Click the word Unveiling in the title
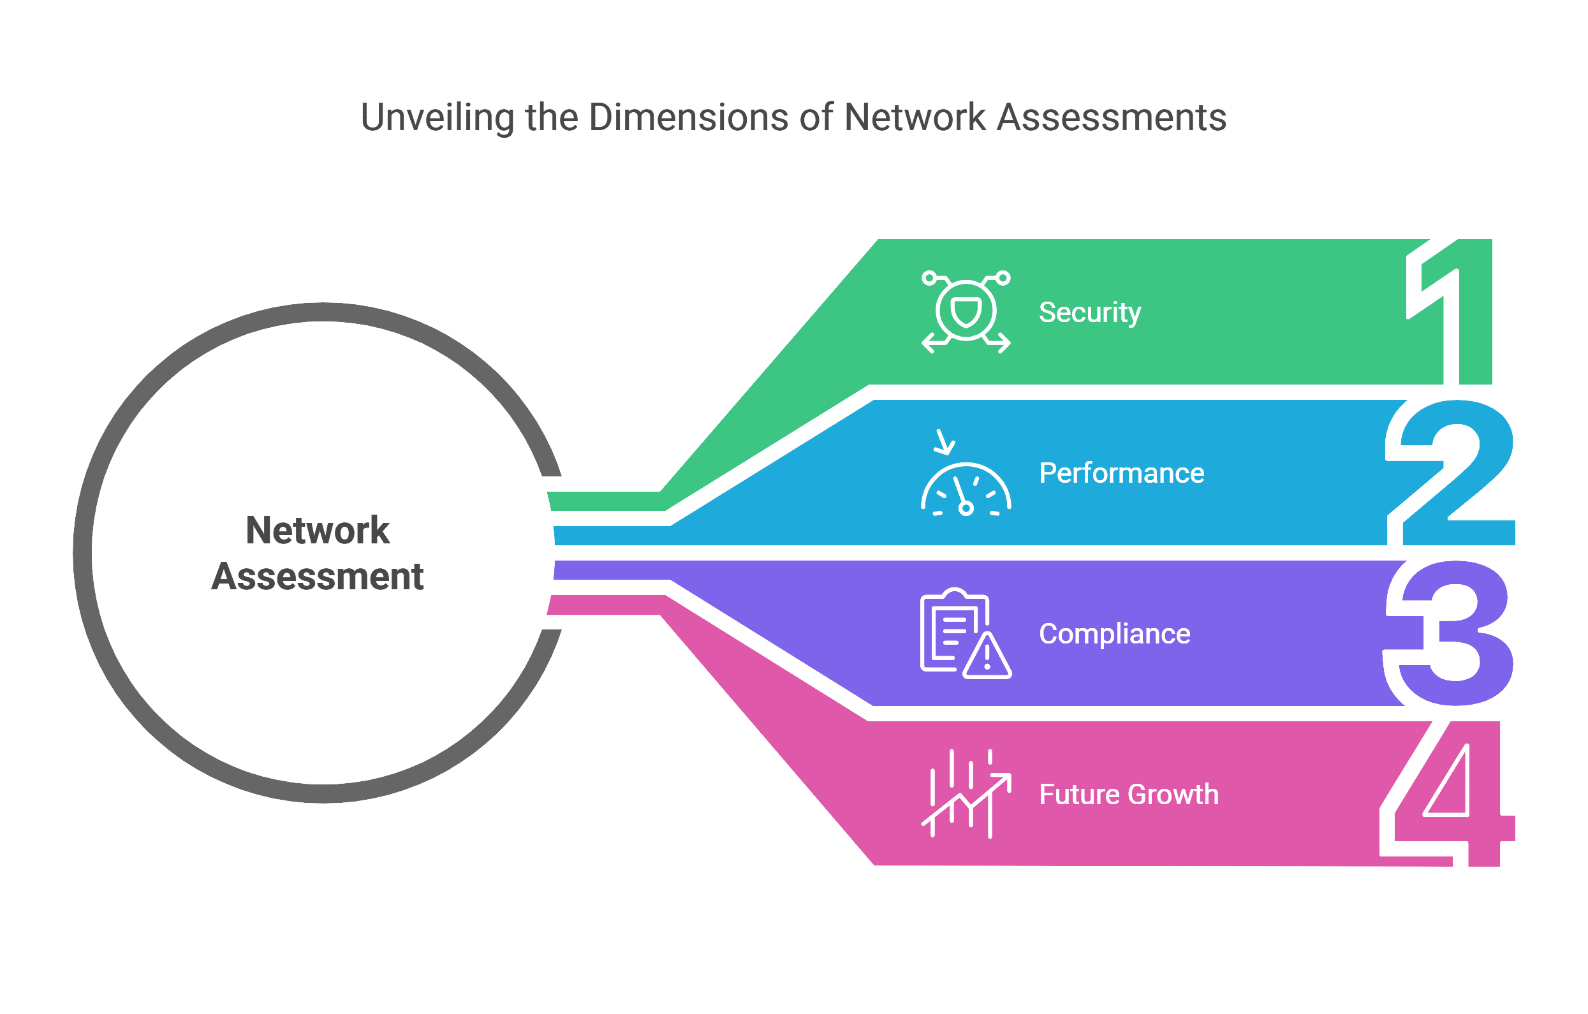[x=437, y=118]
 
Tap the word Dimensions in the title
[x=688, y=118]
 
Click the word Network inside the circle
[x=317, y=531]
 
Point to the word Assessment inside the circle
[x=317, y=577]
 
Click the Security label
[x=1089, y=312]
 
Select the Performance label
[x=1121, y=473]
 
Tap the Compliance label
[x=1115, y=635]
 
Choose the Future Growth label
[x=1128, y=795]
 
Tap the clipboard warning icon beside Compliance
[x=964, y=635]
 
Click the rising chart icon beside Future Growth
[x=966, y=795]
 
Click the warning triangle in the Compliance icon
[x=987, y=658]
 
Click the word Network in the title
[x=914, y=118]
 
